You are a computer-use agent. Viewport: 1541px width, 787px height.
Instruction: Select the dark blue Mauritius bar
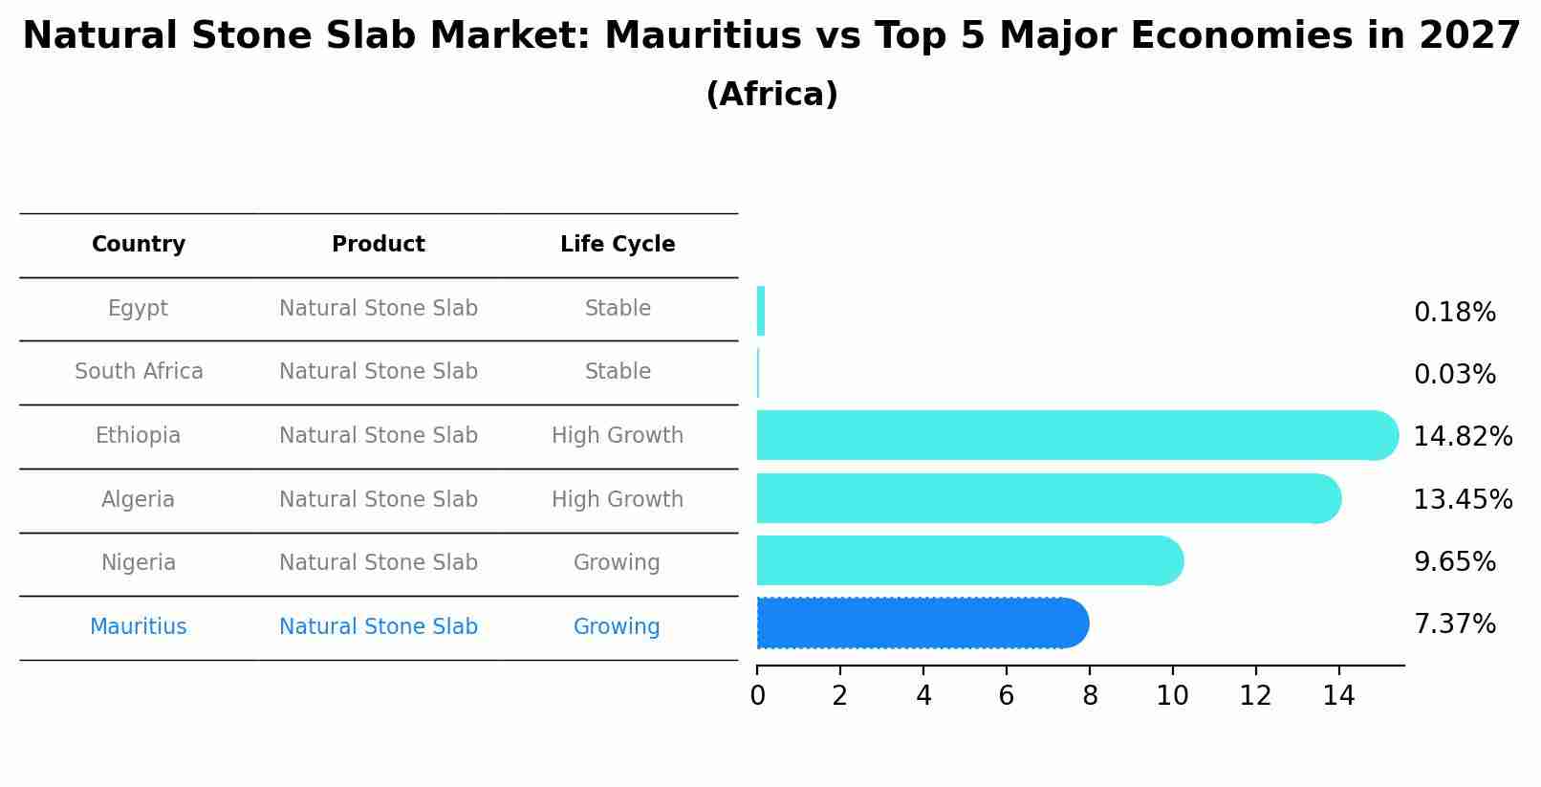[x=918, y=623]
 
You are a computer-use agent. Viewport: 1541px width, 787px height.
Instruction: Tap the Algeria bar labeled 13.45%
[x=1042, y=498]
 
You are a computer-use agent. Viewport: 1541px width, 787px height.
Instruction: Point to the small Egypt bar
[x=761, y=311]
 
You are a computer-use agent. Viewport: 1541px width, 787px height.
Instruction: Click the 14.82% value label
[x=1463, y=437]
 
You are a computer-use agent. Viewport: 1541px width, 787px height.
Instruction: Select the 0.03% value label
[x=1454, y=375]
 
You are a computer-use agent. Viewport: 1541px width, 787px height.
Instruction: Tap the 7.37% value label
[x=1454, y=624]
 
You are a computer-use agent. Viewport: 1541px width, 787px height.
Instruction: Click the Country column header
[x=139, y=245]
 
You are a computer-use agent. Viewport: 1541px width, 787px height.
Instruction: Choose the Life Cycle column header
[x=618, y=245]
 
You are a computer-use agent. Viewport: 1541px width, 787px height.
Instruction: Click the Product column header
[x=379, y=245]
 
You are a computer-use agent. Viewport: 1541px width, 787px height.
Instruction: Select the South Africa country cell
[x=139, y=372]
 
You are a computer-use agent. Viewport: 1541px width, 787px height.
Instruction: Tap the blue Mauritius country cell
[x=139, y=627]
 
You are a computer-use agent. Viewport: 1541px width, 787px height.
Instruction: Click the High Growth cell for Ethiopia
[x=618, y=436]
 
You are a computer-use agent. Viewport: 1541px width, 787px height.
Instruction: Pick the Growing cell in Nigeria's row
[x=617, y=563]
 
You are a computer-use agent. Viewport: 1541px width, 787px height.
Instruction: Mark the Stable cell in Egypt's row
[x=618, y=309]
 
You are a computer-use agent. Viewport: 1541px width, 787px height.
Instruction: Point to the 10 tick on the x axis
[x=1172, y=696]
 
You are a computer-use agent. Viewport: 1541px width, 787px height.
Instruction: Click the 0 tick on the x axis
[x=757, y=696]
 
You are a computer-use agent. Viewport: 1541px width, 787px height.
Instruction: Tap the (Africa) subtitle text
[x=771, y=95]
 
